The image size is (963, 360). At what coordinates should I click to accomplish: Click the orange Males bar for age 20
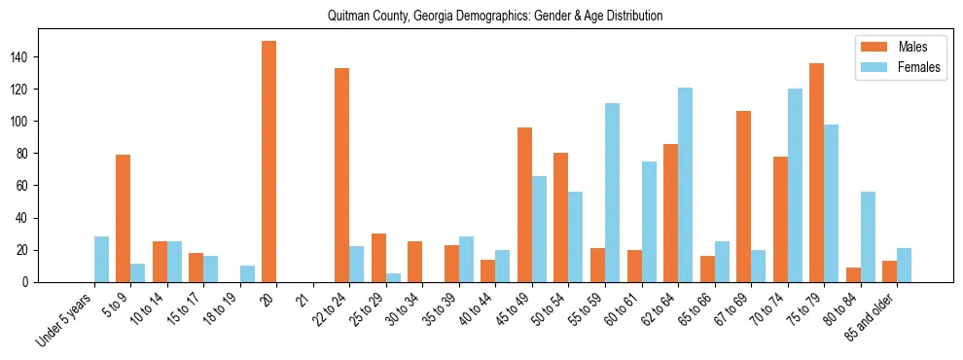point(268,162)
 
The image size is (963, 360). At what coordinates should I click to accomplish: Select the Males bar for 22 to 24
point(341,175)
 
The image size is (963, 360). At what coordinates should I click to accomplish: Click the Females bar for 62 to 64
point(685,185)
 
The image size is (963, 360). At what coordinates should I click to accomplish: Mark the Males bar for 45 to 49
point(524,204)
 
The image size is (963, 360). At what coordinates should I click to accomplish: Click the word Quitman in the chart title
point(348,16)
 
